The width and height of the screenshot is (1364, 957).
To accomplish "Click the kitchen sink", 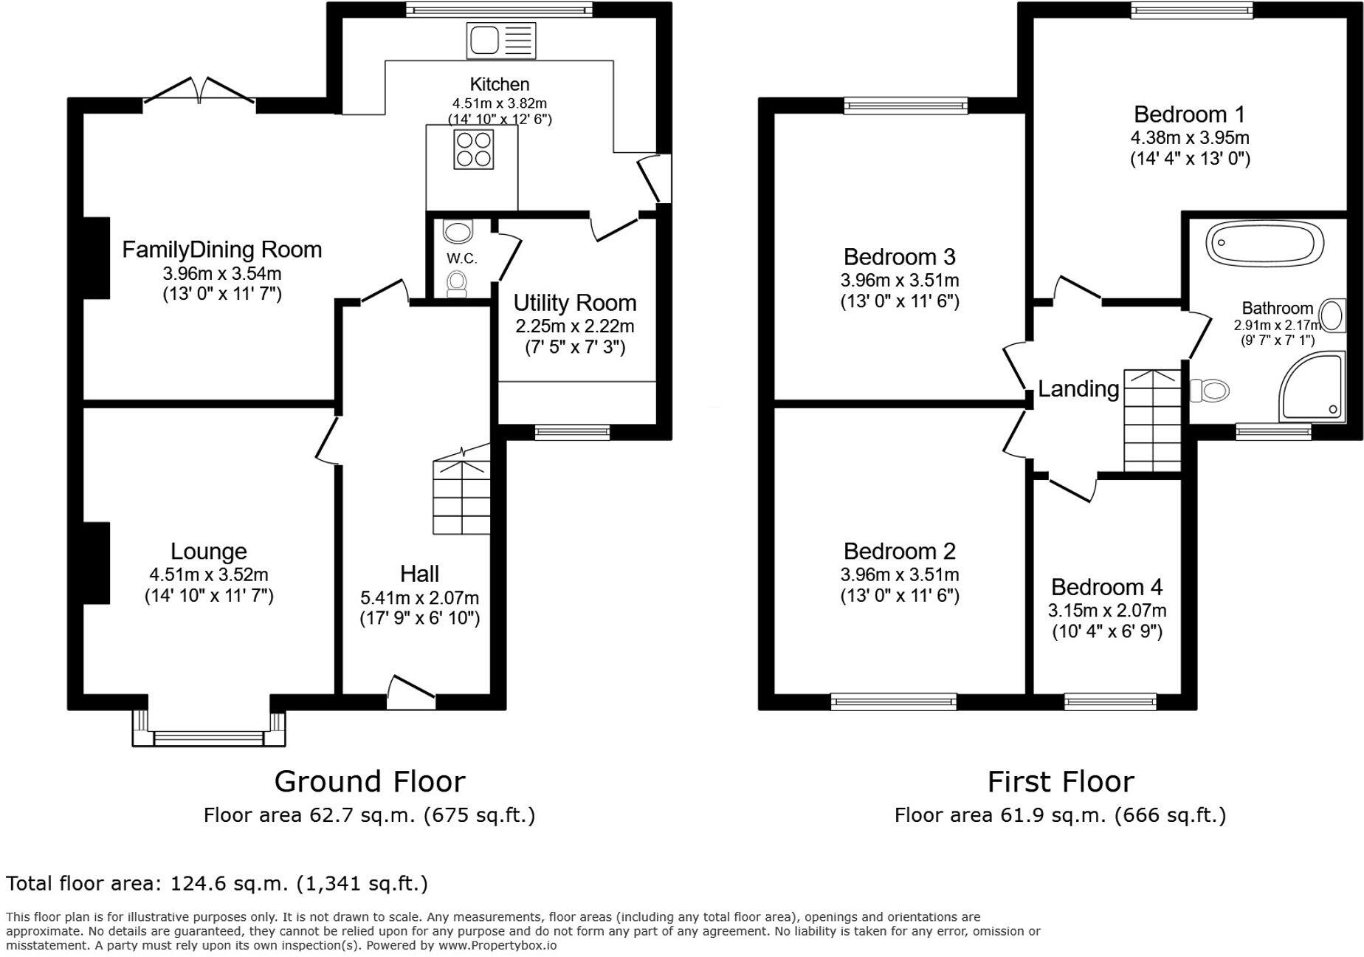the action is tap(501, 40).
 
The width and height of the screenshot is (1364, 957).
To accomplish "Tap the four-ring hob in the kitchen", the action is tap(474, 149).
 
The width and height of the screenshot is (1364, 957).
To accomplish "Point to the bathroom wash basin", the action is tap(1332, 315).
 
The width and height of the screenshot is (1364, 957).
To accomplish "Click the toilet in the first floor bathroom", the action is tap(1209, 389).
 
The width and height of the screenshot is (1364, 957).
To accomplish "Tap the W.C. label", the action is tap(462, 258).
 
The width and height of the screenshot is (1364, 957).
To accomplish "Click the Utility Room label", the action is tap(575, 303).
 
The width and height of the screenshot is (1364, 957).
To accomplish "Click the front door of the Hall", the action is tap(411, 693).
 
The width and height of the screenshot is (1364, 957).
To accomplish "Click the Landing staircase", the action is tap(1151, 421).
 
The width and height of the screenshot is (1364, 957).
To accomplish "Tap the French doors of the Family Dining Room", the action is tap(199, 92).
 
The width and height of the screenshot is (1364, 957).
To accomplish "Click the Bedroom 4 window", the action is tap(1110, 701).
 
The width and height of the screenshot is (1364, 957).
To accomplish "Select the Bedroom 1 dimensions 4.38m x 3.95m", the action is tap(1190, 137).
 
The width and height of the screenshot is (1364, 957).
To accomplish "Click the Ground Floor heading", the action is tap(370, 781).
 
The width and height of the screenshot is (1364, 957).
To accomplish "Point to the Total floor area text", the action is tap(217, 883).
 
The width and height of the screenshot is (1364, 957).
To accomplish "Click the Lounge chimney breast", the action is tap(96, 563).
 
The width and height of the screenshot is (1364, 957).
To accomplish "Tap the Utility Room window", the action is tap(572, 432).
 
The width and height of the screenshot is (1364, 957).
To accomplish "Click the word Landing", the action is tap(1078, 388).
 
